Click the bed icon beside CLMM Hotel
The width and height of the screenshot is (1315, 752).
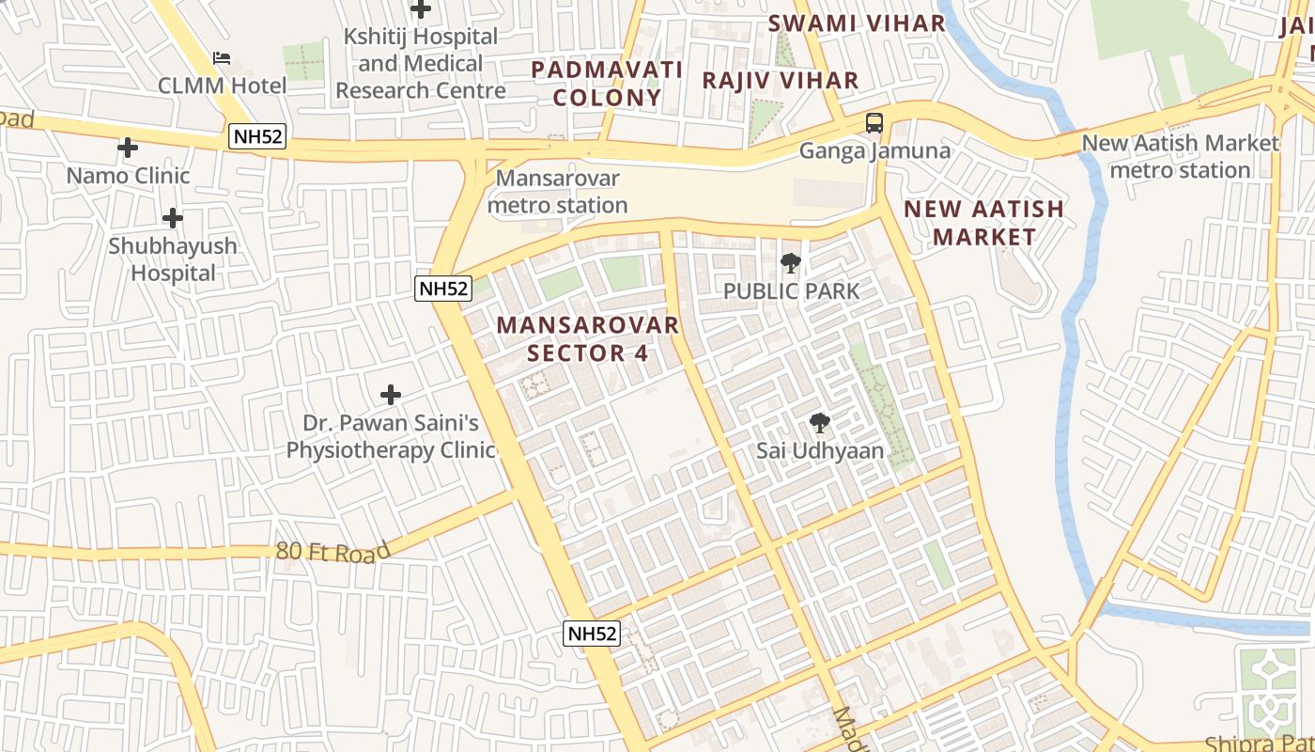tap(222, 58)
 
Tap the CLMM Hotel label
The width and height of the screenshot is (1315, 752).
tap(223, 86)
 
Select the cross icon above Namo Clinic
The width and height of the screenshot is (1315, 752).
tap(128, 148)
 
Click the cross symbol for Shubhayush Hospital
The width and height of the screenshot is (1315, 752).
tap(173, 218)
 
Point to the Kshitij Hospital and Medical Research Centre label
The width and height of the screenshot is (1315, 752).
tap(421, 64)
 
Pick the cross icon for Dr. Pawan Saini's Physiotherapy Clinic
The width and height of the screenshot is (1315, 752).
tap(391, 395)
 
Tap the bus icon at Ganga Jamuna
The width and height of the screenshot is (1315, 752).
tap(874, 122)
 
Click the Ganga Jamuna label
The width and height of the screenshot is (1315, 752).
tap(874, 150)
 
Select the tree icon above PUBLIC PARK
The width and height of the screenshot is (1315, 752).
tap(791, 263)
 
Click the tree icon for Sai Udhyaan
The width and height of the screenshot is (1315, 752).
tap(820, 423)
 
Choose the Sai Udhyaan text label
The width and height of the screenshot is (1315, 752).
tap(820, 451)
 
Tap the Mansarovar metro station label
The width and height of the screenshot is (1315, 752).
tap(558, 192)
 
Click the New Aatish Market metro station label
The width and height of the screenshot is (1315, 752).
tap(1180, 157)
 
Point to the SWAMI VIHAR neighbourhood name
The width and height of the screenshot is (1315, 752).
tap(857, 23)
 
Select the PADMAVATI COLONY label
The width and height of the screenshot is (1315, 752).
tap(607, 83)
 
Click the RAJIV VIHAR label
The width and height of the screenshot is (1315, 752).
tap(781, 81)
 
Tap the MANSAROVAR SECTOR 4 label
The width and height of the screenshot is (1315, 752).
tap(587, 338)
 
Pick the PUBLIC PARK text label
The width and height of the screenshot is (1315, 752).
tap(791, 291)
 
